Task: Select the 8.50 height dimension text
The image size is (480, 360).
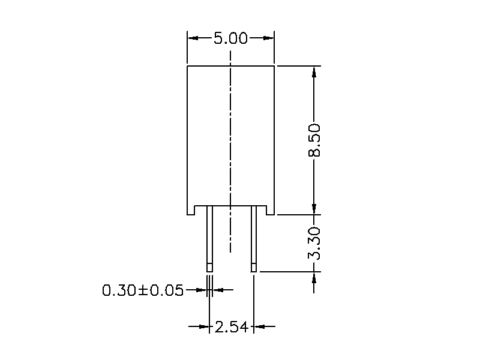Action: point(314,140)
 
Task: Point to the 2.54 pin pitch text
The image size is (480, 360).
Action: point(231,327)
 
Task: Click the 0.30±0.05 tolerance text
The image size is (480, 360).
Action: point(143,291)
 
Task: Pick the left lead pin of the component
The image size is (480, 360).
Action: point(209,238)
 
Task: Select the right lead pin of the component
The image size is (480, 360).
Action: point(254,238)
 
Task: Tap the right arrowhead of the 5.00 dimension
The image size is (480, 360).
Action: point(269,38)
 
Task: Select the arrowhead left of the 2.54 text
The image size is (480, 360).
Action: point(203,327)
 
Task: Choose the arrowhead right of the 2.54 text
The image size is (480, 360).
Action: point(259,327)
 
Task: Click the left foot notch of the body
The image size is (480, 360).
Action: point(191,211)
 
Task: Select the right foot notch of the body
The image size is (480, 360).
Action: point(271,211)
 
